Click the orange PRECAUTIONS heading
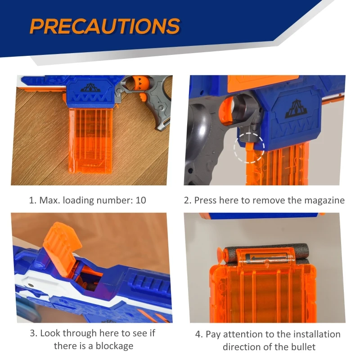tap(105, 26)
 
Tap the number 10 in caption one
tap(141, 200)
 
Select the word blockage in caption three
tap(114, 346)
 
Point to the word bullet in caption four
tap(303, 346)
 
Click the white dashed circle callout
tap(249, 148)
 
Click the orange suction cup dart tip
tap(220, 253)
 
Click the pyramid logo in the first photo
tap(91, 88)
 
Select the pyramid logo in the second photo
tap(296, 109)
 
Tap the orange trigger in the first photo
tap(142, 97)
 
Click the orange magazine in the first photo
tap(91, 140)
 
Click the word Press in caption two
tap(205, 200)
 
